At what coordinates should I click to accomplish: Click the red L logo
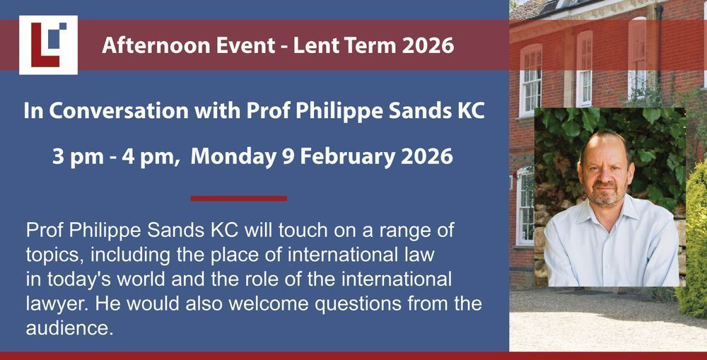click(x=48, y=45)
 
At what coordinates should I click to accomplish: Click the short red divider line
click(x=238, y=198)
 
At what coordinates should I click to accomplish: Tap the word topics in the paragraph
click(x=54, y=255)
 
